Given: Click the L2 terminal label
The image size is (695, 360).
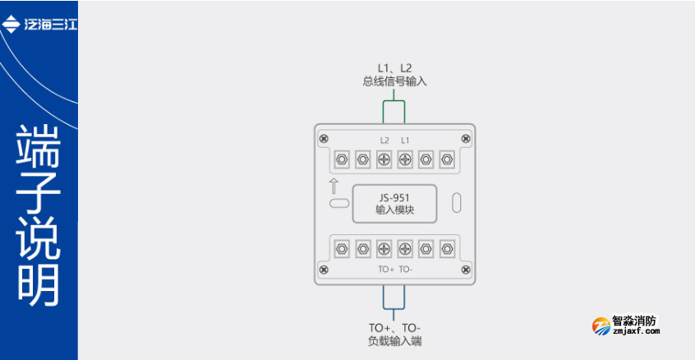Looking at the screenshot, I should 384,141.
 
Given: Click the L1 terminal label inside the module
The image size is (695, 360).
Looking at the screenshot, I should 405,141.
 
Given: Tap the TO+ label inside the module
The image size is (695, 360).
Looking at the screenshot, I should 386,269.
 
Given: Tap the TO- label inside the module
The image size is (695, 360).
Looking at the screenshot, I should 407,269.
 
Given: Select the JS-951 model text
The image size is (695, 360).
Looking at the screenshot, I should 394,197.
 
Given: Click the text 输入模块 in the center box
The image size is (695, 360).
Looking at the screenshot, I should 394,210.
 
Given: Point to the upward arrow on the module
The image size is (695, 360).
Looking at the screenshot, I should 334,185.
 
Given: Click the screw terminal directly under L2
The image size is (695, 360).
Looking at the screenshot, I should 384,159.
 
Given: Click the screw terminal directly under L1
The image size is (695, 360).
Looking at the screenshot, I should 405,159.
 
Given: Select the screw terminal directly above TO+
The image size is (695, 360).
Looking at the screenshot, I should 384,247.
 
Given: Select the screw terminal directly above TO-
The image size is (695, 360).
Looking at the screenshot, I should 405,247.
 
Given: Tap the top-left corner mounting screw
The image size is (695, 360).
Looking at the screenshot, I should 324,137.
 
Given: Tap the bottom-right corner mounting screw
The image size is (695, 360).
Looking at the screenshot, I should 466,269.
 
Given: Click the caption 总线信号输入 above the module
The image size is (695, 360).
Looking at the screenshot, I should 394,81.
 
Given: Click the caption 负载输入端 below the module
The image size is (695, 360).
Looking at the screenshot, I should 395,340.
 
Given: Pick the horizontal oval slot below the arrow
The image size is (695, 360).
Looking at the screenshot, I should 338,202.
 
